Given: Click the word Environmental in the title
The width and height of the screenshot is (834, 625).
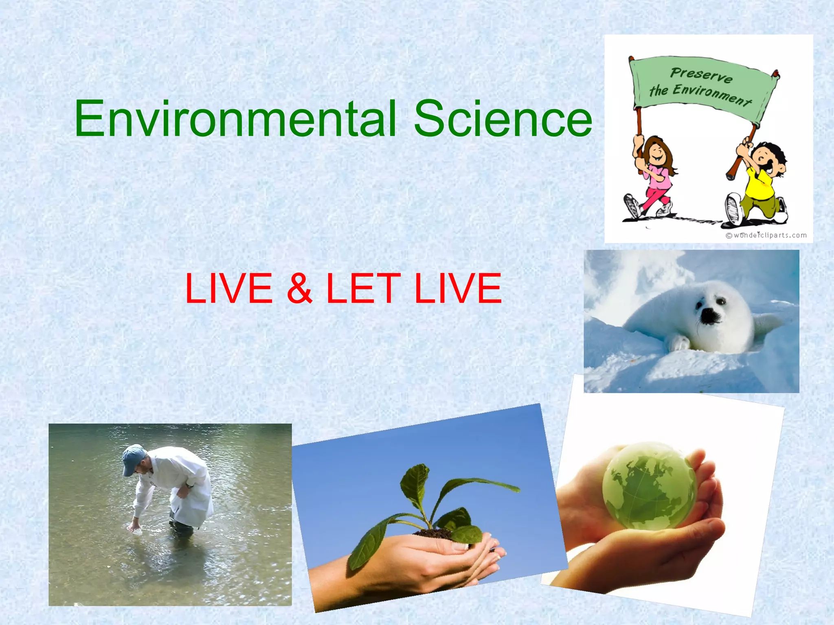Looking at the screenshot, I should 235,119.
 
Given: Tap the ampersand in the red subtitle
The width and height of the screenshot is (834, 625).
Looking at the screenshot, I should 299,288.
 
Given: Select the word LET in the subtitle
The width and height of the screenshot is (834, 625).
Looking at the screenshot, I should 363,288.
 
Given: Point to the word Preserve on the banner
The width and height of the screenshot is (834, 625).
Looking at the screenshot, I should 701,75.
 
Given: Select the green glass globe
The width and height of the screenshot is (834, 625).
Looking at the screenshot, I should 650,486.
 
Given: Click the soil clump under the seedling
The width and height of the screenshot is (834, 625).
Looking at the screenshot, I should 434,533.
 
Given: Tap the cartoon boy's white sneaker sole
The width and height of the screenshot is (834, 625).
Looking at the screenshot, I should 733,210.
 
